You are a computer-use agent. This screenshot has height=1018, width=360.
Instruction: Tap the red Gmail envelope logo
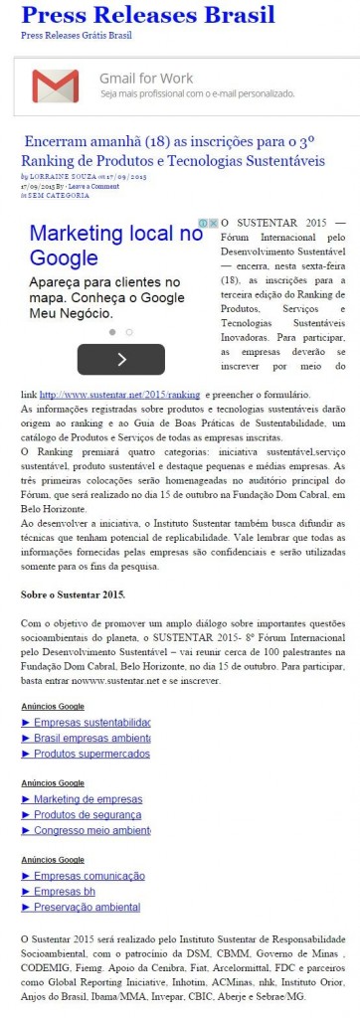tap(55, 85)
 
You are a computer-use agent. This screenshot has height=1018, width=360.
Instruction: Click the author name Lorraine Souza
tap(61, 176)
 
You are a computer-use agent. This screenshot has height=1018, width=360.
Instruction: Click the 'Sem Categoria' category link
tap(57, 196)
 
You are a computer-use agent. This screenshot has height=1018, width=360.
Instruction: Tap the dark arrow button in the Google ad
tap(120, 359)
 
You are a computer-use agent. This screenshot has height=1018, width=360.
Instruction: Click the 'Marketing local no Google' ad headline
tap(115, 246)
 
